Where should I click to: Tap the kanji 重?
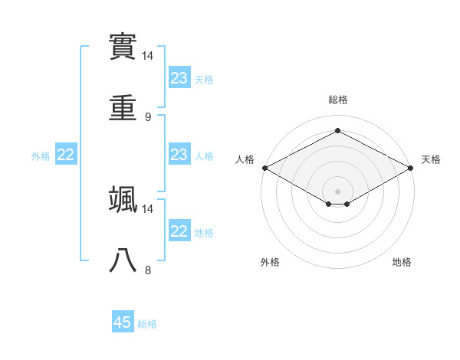(x=123, y=109)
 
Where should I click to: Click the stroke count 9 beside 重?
(x=147, y=117)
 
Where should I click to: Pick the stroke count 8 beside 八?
(x=147, y=270)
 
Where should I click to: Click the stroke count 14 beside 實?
(x=148, y=56)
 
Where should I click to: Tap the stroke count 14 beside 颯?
(x=148, y=208)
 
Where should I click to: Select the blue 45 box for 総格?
(x=123, y=322)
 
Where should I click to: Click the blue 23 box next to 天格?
(x=179, y=78)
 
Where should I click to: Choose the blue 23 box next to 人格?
(x=179, y=155)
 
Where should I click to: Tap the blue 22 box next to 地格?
(x=179, y=231)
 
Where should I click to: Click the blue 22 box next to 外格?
(x=66, y=155)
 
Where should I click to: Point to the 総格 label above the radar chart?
(x=337, y=100)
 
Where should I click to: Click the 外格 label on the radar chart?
(x=270, y=262)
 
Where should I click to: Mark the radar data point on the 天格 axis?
(x=412, y=168)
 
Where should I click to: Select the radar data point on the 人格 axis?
(x=264, y=168)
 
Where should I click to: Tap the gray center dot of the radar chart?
(x=337, y=191)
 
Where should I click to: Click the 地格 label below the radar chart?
(x=402, y=262)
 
